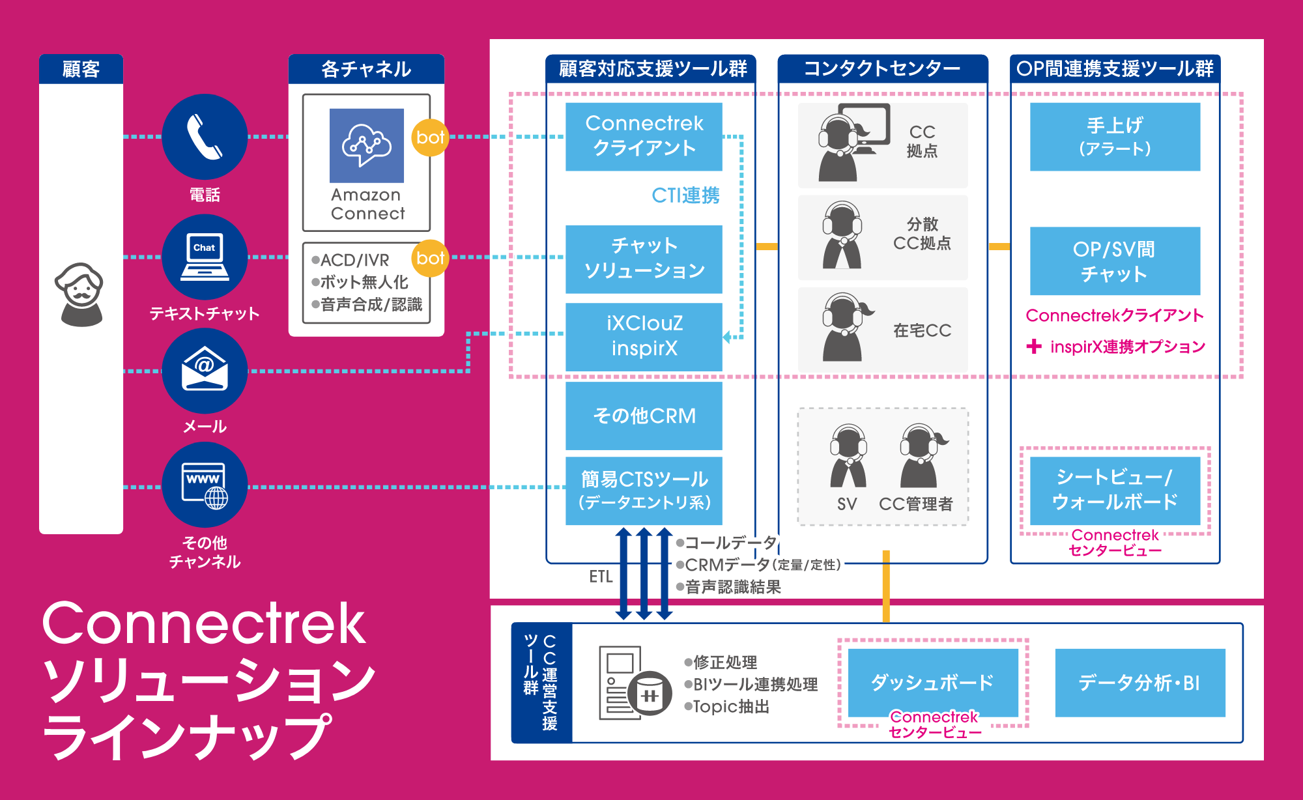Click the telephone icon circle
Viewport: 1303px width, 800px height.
pyautogui.click(x=205, y=137)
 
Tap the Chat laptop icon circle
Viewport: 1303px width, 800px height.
pyautogui.click(x=205, y=257)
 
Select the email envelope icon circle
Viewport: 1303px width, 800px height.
pyautogui.click(x=205, y=370)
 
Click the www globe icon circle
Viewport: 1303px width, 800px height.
pyautogui.click(x=205, y=485)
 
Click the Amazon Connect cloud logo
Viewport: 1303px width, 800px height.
pyautogui.click(x=367, y=146)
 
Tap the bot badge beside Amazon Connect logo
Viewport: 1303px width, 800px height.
pyautogui.click(x=430, y=137)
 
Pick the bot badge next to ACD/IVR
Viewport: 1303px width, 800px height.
pyautogui.click(x=430, y=259)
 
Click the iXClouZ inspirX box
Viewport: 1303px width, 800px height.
pyautogui.click(x=644, y=336)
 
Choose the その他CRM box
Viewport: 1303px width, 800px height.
pyautogui.click(x=644, y=416)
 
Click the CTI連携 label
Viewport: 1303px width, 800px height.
pyautogui.click(x=685, y=195)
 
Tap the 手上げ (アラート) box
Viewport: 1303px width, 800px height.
pyautogui.click(x=1115, y=137)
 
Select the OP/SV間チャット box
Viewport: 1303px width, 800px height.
pyautogui.click(x=1115, y=261)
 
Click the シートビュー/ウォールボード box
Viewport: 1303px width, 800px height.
pyautogui.click(x=1115, y=490)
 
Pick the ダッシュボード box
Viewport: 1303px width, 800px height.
pyautogui.click(x=933, y=682)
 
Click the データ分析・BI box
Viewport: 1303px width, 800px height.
pyautogui.click(x=1139, y=683)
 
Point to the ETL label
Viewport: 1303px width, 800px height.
pyautogui.click(x=601, y=577)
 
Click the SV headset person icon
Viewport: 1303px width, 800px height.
pyautogui.click(x=848, y=456)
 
